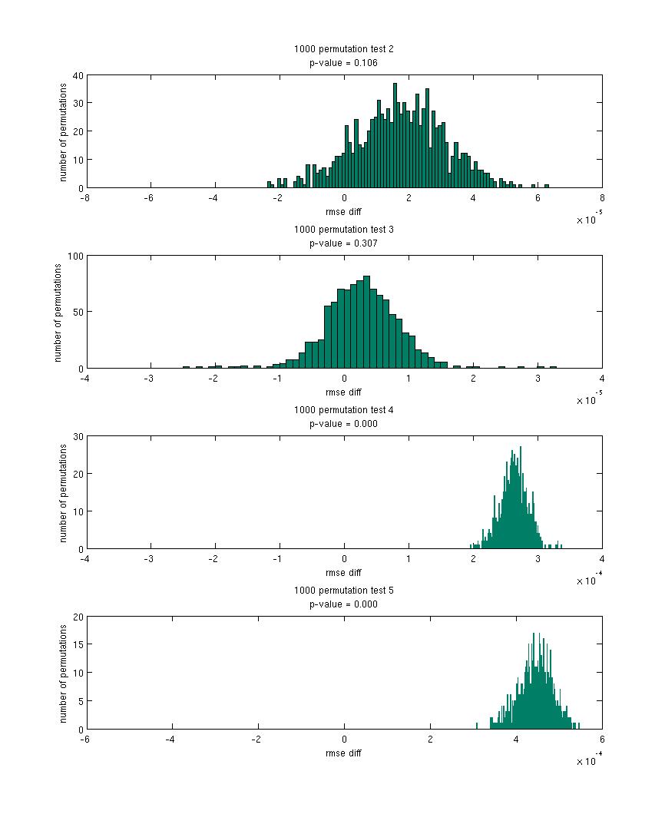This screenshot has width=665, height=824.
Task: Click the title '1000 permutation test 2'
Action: [343, 49]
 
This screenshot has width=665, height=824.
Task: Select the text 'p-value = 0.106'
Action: [343, 63]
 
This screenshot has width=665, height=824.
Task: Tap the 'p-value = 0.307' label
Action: [343, 243]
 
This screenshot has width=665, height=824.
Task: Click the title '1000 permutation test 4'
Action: [343, 410]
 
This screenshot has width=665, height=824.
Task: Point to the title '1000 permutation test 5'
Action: [343, 591]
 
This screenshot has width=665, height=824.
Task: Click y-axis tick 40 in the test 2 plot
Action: [78, 75]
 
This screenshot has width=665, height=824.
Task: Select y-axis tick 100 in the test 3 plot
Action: [76, 256]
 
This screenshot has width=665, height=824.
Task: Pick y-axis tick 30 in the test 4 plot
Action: [78, 436]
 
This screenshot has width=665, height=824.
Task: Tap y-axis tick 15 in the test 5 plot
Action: [78, 645]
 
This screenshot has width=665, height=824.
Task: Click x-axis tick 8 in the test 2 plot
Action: [602, 197]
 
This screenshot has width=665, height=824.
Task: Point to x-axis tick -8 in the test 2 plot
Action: [85, 197]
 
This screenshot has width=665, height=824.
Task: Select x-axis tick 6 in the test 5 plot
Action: [602, 739]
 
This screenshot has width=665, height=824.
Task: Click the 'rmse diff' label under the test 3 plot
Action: [343, 392]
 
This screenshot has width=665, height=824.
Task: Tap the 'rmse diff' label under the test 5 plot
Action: [343, 753]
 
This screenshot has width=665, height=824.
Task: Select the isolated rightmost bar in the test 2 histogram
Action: [547, 186]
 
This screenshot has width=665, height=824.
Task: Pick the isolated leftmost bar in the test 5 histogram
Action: [477, 726]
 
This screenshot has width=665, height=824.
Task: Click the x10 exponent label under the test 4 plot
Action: [588, 581]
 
